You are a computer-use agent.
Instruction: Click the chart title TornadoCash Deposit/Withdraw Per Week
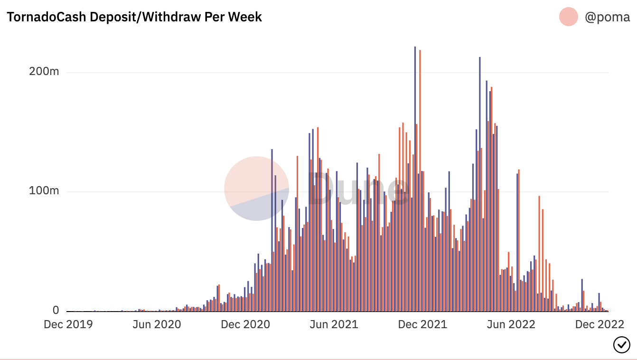coord(134,17)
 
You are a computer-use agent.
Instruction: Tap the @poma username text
coord(607,18)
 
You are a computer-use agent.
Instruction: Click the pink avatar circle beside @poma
coord(569,17)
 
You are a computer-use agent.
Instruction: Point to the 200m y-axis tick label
coord(44,72)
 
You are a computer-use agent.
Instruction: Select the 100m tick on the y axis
coord(44,191)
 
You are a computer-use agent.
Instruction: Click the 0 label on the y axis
coord(56,310)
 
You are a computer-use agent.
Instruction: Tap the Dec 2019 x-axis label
coord(68,324)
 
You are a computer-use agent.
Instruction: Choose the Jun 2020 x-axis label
coord(156,324)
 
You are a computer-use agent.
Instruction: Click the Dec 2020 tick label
coord(245,324)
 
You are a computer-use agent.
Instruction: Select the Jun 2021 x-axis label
coord(333,324)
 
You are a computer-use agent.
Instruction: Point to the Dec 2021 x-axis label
coord(422,324)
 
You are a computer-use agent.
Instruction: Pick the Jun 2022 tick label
coord(511,324)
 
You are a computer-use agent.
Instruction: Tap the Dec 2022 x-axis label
coord(599,324)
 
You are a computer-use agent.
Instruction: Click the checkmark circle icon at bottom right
coord(622,344)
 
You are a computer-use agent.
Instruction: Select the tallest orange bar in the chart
coord(420,180)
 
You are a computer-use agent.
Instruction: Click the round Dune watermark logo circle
coord(256,189)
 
